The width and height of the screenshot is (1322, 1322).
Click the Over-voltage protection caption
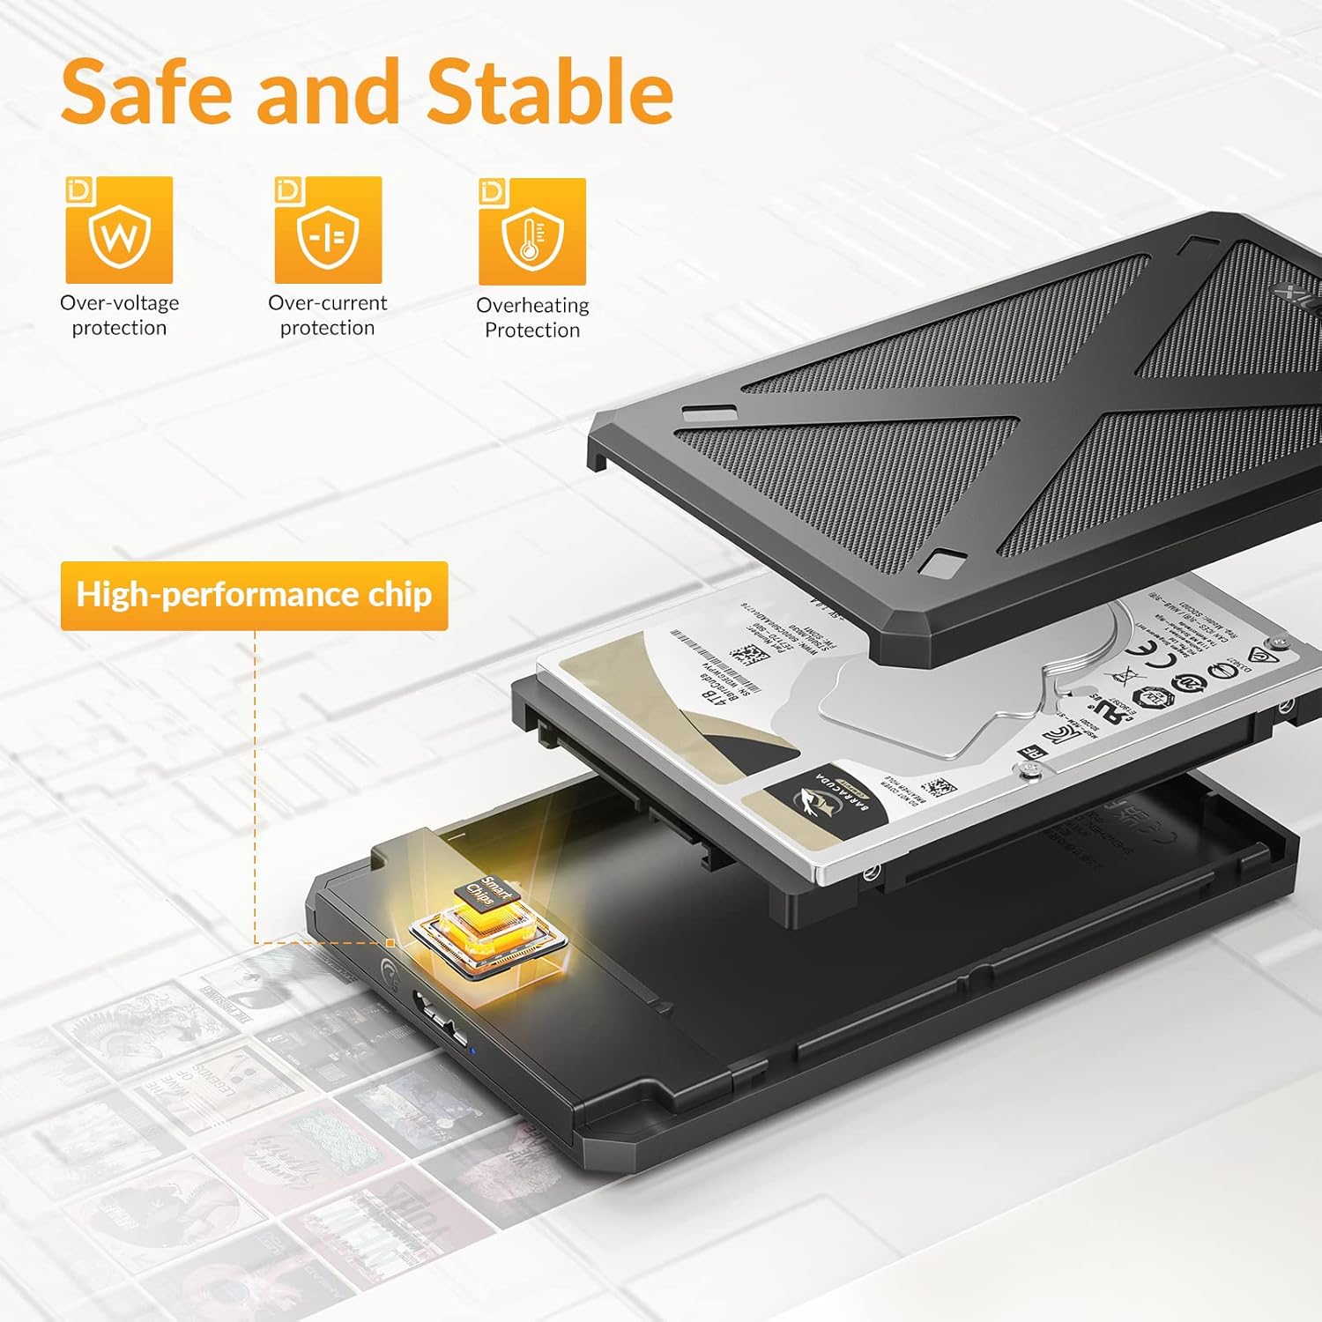click(x=119, y=316)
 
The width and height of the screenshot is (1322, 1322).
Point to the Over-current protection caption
click(x=328, y=316)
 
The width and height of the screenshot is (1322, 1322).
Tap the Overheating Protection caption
click(x=532, y=317)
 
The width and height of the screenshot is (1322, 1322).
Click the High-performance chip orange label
click(x=254, y=596)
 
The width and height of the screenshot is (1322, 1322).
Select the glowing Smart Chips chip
click(x=487, y=917)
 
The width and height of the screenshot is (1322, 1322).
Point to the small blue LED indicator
click(x=473, y=1050)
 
